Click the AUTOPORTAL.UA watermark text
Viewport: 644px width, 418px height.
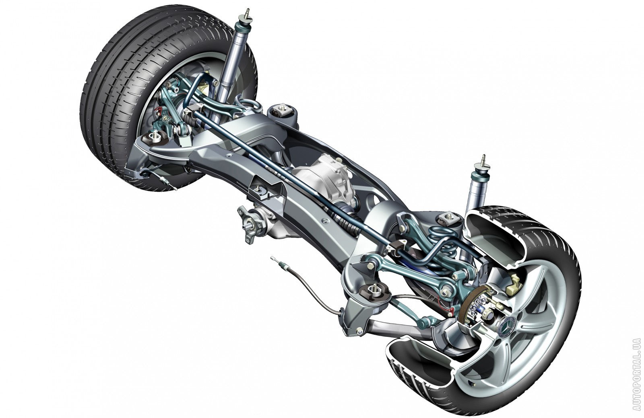tap(636, 378)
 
